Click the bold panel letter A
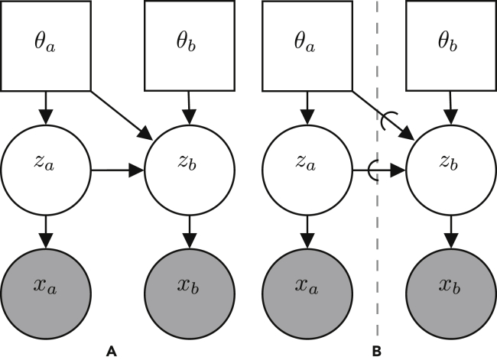click(111, 351)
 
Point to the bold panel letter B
click(375, 351)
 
